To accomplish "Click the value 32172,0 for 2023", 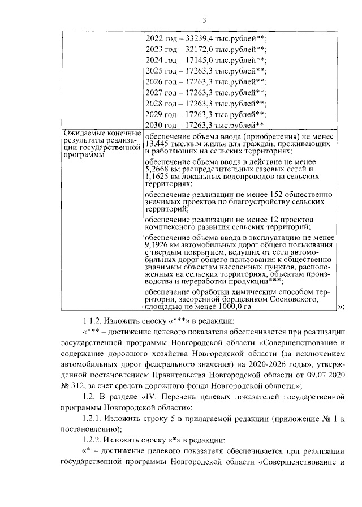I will pyautogui.click(x=197, y=49).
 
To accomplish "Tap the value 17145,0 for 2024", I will pyautogui.click(x=197, y=60).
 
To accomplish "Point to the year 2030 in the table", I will pyautogui.click(x=154, y=124).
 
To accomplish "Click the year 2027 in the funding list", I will pyautogui.click(x=154, y=92).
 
